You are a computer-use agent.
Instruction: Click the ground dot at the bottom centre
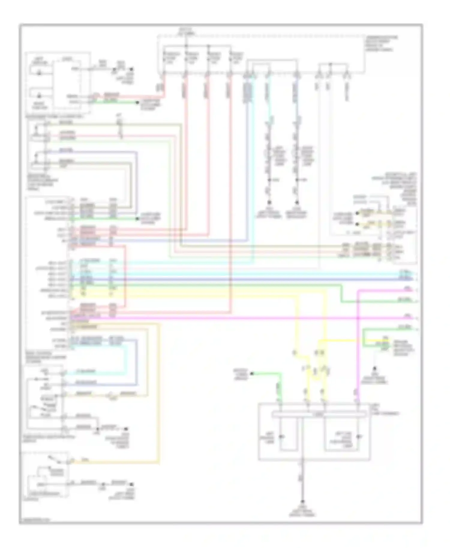pyautogui.click(x=302, y=502)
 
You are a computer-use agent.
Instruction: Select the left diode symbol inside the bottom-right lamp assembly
pyautogui.click(x=281, y=437)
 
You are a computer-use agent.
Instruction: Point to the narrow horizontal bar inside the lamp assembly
pyautogui.click(x=319, y=415)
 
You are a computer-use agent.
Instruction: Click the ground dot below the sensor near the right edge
pyautogui.click(x=374, y=368)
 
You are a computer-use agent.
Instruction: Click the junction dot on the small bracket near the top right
pyautogui.click(x=330, y=64)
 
